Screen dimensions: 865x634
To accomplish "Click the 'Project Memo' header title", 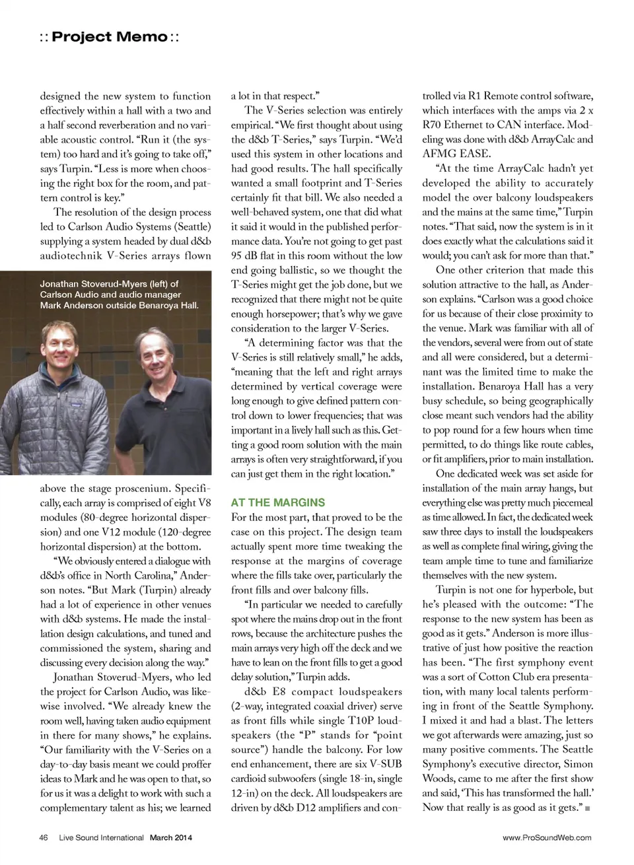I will (110, 37).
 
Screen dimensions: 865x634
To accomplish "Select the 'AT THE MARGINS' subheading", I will (277, 502).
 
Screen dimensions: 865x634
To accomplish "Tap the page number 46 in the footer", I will (44, 838).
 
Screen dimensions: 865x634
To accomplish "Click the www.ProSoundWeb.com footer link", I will (547, 838).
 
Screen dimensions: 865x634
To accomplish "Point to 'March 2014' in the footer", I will (170, 838).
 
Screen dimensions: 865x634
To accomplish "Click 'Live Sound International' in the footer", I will (101, 838).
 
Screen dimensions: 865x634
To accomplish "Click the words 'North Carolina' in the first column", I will (140, 575).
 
